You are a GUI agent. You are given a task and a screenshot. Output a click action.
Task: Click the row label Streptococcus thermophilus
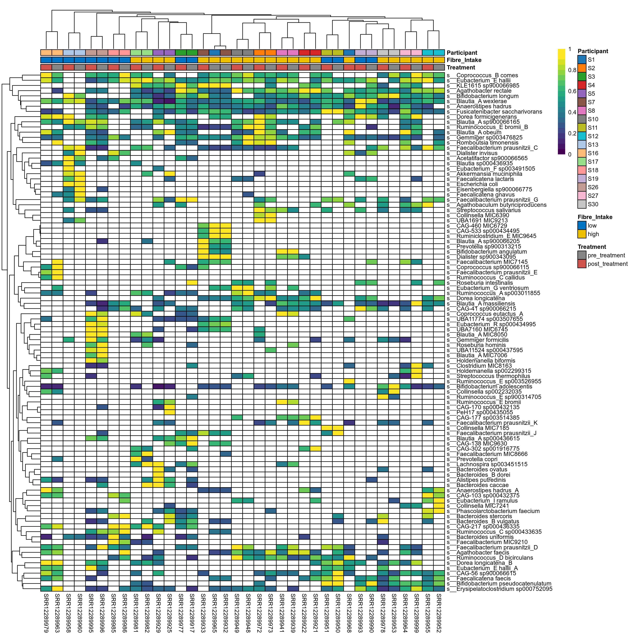(x=493, y=376)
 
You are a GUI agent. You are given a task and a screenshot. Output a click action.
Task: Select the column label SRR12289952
(x=439, y=613)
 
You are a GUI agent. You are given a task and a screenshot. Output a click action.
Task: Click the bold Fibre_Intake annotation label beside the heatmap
(x=464, y=60)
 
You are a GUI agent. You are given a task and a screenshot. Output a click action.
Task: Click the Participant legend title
(x=593, y=51)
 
